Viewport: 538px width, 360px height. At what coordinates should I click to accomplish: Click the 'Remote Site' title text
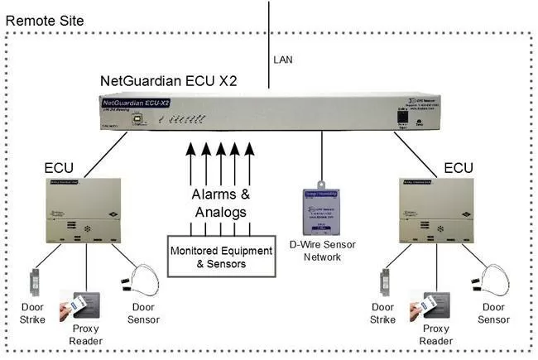[43, 18]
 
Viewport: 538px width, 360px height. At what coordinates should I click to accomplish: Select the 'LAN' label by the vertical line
[282, 60]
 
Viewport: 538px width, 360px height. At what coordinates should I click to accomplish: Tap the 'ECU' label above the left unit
[60, 168]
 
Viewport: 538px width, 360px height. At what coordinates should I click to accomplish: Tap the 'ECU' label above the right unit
[457, 168]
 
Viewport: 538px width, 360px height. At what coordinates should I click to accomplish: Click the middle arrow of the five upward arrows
[219, 162]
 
